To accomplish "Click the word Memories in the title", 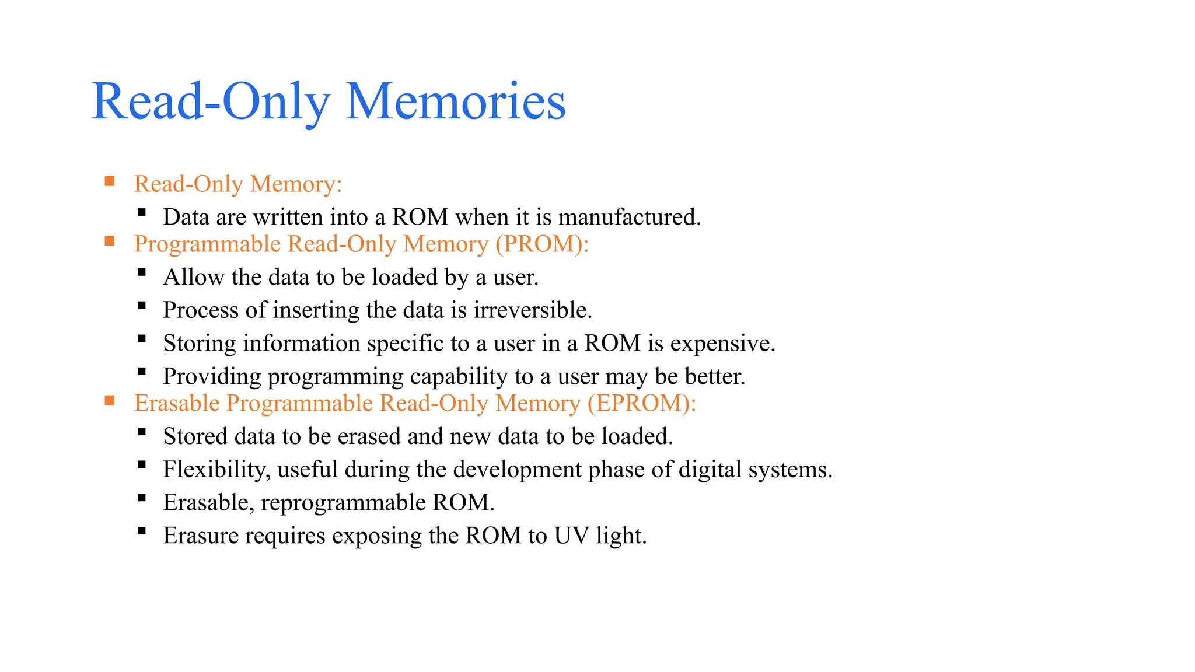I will (x=455, y=101).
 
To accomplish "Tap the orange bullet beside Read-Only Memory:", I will (x=110, y=181).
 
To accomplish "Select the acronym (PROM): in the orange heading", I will (x=542, y=244).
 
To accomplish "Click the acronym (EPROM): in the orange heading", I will (x=642, y=403).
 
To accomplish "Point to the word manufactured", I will (x=630, y=217).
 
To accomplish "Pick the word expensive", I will (x=722, y=343).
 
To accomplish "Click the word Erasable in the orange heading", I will (x=177, y=403).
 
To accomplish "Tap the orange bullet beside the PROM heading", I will (x=110, y=242).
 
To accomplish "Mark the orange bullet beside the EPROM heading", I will (x=110, y=401).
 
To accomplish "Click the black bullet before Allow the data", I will (x=142, y=272).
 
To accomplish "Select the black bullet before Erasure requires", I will (x=142, y=531).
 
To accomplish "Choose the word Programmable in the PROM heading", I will (x=208, y=244).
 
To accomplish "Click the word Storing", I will (x=200, y=343).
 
